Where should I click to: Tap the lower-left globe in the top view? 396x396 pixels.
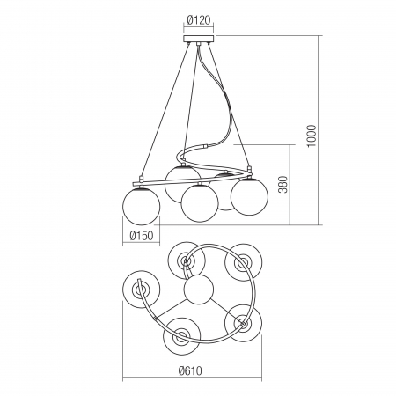tap(180, 335)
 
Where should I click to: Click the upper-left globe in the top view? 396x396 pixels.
tap(187, 260)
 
